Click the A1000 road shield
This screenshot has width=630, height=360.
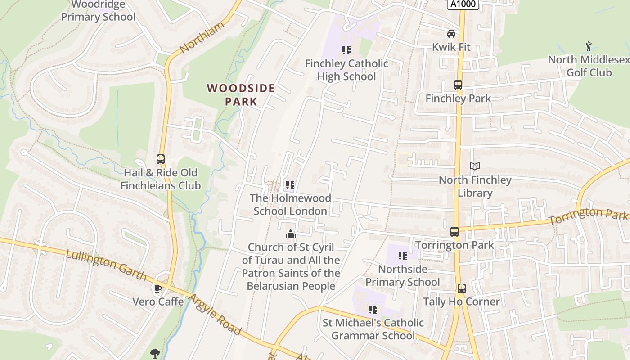click(x=463, y=4)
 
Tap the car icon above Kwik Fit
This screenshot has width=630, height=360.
click(x=451, y=34)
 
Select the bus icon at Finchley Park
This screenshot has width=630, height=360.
click(x=458, y=85)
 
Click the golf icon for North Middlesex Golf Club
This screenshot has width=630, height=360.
click(x=588, y=46)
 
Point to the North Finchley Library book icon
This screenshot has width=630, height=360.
click(x=474, y=166)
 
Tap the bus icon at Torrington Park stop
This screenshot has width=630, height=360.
click(x=454, y=232)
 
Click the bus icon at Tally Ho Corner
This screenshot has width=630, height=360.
click(x=461, y=288)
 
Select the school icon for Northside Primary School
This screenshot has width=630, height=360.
click(x=402, y=256)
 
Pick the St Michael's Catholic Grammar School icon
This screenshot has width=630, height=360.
click(x=373, y=309)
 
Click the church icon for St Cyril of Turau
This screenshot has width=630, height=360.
click(x=290, y=234)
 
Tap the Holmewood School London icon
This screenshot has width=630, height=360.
click(x=290, y=185)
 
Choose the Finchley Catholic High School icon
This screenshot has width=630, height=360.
click(x=346, y=50)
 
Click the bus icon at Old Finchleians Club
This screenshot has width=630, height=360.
click(x=161, y=159)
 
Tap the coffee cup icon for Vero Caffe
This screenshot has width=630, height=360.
click(x=157, y=288)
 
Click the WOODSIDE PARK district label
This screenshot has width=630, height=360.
click(x=241, y=94)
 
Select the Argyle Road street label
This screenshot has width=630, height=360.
click(x=215, y=315)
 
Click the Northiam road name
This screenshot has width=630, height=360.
click(x=202, y=38)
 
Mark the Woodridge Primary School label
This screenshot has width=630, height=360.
click(x=98, y=11)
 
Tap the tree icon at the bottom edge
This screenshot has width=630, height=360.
click(x=155, y=353)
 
